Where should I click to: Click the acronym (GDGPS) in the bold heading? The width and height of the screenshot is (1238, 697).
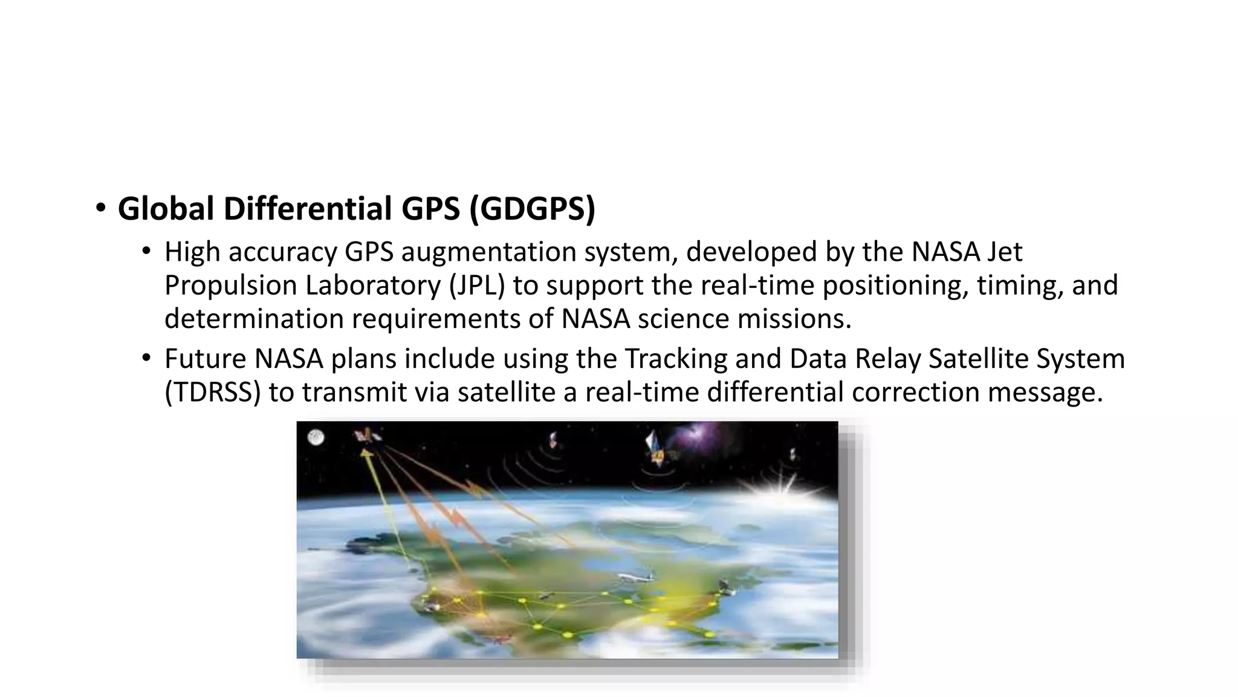point(532,209)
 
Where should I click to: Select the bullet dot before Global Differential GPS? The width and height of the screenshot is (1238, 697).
point(100,209)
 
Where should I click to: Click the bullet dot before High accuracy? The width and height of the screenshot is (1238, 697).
point(146,251)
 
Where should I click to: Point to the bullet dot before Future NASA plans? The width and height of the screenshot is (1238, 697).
point(146,358)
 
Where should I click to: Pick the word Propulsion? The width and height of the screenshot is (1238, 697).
point(230,286)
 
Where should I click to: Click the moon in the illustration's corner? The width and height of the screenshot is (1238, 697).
point(316,437)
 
